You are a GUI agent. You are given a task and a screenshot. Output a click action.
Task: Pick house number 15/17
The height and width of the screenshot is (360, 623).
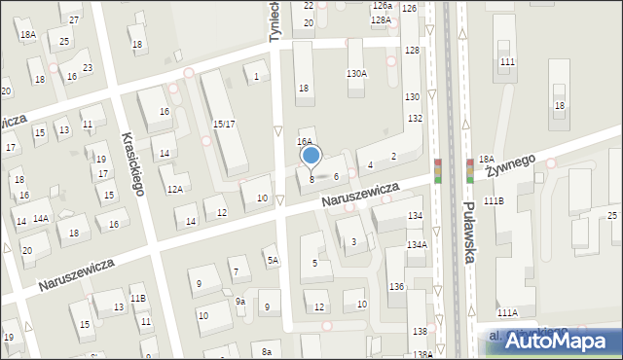[224, 124]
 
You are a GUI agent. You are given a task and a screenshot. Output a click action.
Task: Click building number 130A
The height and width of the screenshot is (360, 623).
[357, 74]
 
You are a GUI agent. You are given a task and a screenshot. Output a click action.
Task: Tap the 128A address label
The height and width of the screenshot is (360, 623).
[381, 19]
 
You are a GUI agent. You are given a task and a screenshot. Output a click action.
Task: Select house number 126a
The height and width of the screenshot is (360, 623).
[382, 6]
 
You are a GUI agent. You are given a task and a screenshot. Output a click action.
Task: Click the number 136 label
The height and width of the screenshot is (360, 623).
[396, 287]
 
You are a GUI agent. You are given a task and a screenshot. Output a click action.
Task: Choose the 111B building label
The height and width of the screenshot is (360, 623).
[495, 199]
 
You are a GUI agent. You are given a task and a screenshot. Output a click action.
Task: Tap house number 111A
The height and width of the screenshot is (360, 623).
[507, 313]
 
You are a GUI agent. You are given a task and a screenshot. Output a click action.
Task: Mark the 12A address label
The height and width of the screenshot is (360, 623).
[175, 190]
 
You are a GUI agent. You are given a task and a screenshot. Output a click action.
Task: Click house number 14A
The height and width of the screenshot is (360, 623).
[41, 219]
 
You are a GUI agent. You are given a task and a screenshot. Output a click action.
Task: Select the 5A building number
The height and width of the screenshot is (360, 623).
[274, 260]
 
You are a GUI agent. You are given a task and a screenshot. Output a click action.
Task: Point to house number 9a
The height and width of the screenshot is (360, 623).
[239, 302]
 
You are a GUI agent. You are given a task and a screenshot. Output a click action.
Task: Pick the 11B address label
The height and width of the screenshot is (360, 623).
[138, 298]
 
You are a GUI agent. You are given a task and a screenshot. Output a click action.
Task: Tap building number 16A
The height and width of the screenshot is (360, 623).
[305, 141]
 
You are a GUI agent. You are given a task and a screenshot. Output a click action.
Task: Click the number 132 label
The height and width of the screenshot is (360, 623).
[415, 118]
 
